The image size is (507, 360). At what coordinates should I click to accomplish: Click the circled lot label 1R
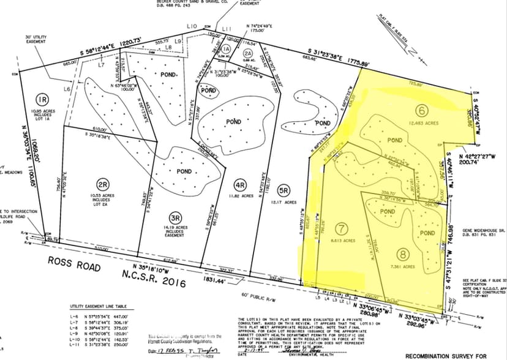[42, 99]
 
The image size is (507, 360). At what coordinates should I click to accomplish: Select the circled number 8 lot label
[402, 255]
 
